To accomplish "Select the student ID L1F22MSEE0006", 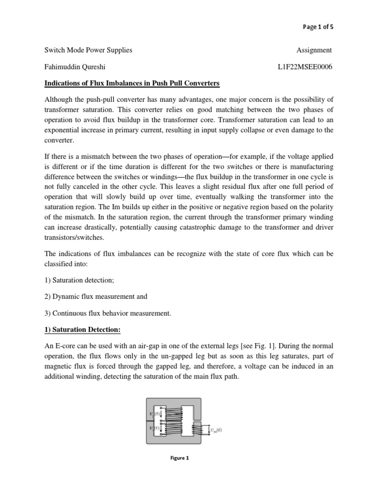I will (305, 66).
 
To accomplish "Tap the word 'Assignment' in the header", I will (315, 50).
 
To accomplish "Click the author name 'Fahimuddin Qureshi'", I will (76, 66).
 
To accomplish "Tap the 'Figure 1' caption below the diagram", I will (180, 458).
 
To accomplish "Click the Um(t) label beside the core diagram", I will (216, 430).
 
